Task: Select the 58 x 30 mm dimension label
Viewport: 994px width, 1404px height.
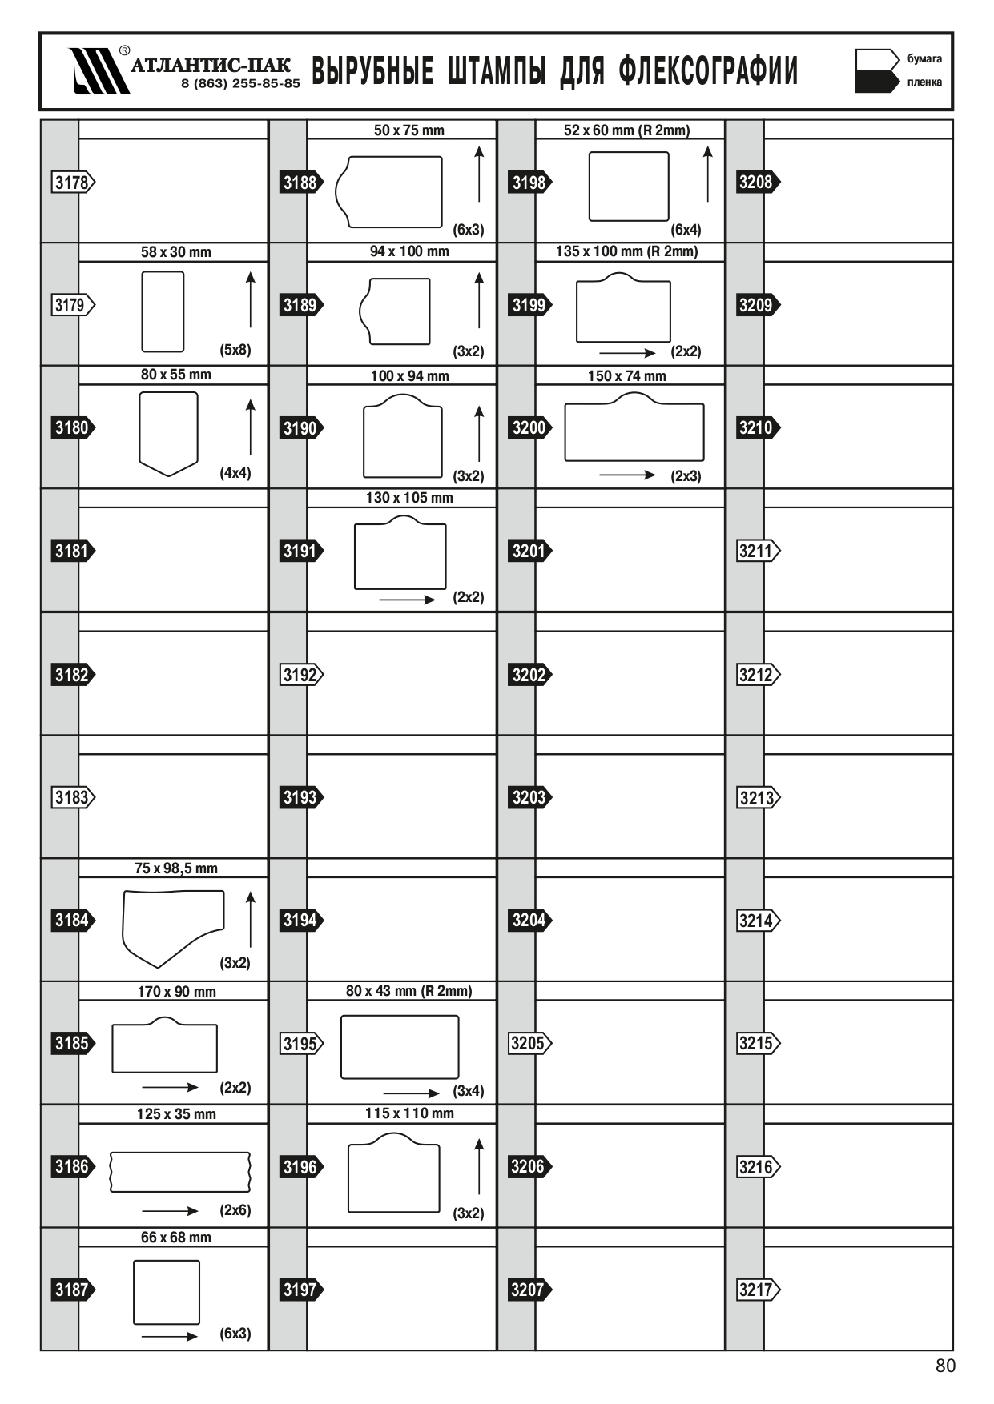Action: coord(176,252)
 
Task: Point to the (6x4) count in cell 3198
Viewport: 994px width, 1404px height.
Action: coord(686,230)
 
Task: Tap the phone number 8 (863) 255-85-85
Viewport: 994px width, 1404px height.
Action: coord(240,83)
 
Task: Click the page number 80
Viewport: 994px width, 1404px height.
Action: coord(945,1366)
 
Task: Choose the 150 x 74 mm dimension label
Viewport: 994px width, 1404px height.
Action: coord(627,376)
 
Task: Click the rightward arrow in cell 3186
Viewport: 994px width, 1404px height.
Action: coord(170,1211)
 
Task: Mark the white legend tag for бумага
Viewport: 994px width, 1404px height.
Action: coord(877,59)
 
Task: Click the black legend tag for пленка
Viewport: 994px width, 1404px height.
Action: coord(877,82)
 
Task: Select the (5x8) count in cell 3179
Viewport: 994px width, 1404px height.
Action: coord(235,350)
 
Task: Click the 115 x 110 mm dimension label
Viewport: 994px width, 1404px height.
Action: coord(409,1113)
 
